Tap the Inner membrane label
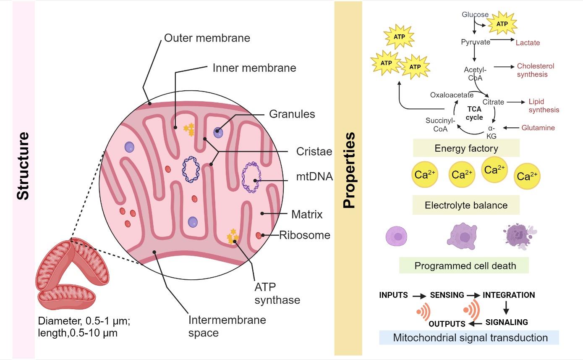coord(260,67)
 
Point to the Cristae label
coord(309,151)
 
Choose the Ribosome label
coord(305,235)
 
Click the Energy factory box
coord(466,148)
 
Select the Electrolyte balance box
coord(466,205)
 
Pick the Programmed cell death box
coord(463,265)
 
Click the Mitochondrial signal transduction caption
coord(468,338)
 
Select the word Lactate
coord(528,43)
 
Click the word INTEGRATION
coord(509,295)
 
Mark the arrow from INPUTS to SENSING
coord(419,296)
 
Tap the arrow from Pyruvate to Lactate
coord(502,40)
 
